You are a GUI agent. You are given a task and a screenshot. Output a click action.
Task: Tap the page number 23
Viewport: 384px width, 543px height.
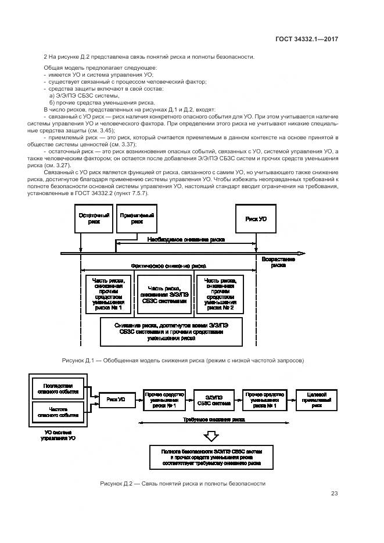[x=334, y=494]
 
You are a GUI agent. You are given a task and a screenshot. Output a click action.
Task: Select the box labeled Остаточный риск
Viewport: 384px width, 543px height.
[x=95, y=218]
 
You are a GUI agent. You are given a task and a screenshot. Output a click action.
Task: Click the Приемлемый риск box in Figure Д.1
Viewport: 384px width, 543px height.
[x=137, y=218]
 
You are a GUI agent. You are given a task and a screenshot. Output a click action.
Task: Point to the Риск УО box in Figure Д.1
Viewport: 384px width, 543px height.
[x=256, y=218]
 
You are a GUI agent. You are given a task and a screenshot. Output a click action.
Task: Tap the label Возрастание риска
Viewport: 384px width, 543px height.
[x=278, y=262]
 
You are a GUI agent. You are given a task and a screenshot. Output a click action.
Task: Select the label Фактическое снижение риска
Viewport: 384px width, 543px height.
[x=168, y=265]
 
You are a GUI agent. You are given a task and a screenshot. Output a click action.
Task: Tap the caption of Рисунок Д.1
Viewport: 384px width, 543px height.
[x=183, y=361]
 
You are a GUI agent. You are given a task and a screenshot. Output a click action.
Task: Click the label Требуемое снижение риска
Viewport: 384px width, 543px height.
[x=214, y=419]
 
